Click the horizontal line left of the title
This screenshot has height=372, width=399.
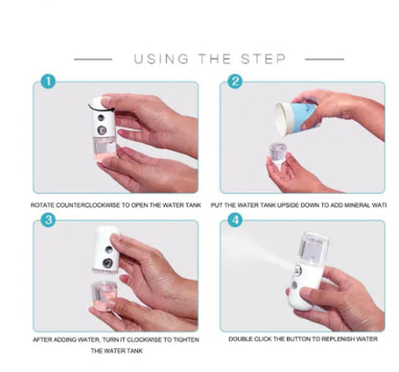(x=93, y=59)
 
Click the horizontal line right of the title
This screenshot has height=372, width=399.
(x=324, y=59)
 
